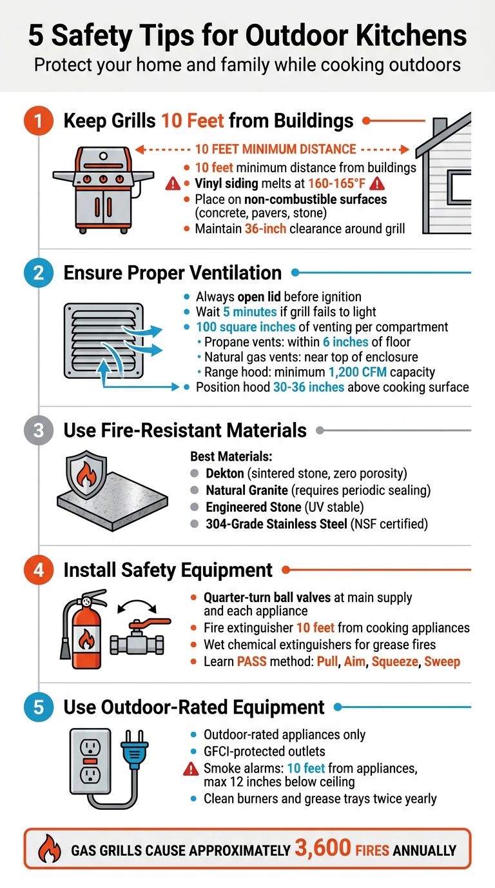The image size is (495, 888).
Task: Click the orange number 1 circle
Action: pos(38,122)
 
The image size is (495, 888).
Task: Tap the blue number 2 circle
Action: pos(38,273)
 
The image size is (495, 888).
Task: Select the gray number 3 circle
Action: pos(38,430)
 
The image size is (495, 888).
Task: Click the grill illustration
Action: pos(103,188)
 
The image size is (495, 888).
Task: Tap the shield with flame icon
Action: pos(86,481)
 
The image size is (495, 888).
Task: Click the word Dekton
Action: pos(224,473)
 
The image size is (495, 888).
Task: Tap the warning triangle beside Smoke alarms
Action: pos(191,768)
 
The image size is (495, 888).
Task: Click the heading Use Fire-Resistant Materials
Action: pos(185,430)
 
